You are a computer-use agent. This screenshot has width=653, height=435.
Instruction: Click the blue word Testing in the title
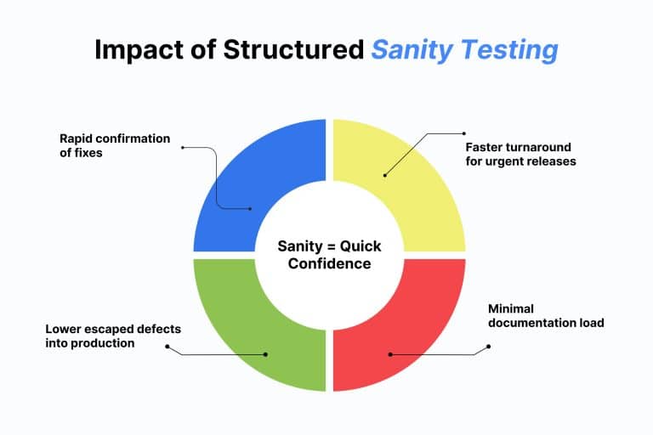(x=510, y=50)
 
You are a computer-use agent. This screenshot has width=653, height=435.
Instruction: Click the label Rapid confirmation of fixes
(x=115, y=146)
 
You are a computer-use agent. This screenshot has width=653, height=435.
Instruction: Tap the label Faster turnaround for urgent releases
(x=520, y=154)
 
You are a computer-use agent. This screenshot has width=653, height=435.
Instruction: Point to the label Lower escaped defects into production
(x=114, y=336)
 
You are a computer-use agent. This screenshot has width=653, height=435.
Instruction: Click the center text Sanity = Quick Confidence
(x=329, y=255)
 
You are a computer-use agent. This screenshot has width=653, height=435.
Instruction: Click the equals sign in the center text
(x=330, y=246)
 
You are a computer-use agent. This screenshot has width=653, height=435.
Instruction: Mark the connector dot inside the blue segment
(x=251, y=208)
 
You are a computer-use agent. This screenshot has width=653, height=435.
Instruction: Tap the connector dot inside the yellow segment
(x=384, y=176)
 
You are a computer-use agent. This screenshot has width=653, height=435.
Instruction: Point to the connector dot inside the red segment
(x=389, y=354)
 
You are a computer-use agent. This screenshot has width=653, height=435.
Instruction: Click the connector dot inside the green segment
(x=265, y=354)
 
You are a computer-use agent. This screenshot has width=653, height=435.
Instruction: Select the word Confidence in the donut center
(x=329, y=263)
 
